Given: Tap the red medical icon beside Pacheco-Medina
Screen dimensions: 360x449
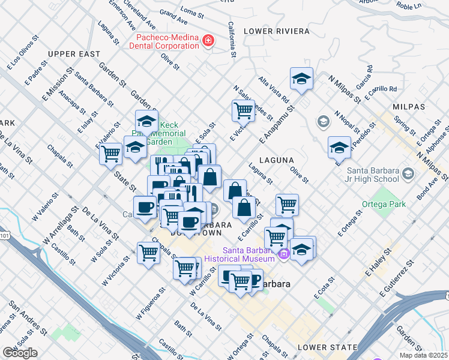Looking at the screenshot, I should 208,41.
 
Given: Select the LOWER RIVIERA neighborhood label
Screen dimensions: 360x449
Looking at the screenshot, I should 276,31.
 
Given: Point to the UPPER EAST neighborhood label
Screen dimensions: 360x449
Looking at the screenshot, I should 74,54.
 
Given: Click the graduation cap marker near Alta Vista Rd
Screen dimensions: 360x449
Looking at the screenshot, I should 301,79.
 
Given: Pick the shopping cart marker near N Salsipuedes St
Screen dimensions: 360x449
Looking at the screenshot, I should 243,110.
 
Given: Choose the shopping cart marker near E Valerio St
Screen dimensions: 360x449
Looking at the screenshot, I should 111,154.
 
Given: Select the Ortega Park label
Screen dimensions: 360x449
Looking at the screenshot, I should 384,204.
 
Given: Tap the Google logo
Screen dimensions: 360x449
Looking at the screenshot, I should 20,353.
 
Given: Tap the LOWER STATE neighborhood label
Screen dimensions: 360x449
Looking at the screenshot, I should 327,347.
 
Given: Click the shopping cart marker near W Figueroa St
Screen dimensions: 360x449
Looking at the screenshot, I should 148,253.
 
